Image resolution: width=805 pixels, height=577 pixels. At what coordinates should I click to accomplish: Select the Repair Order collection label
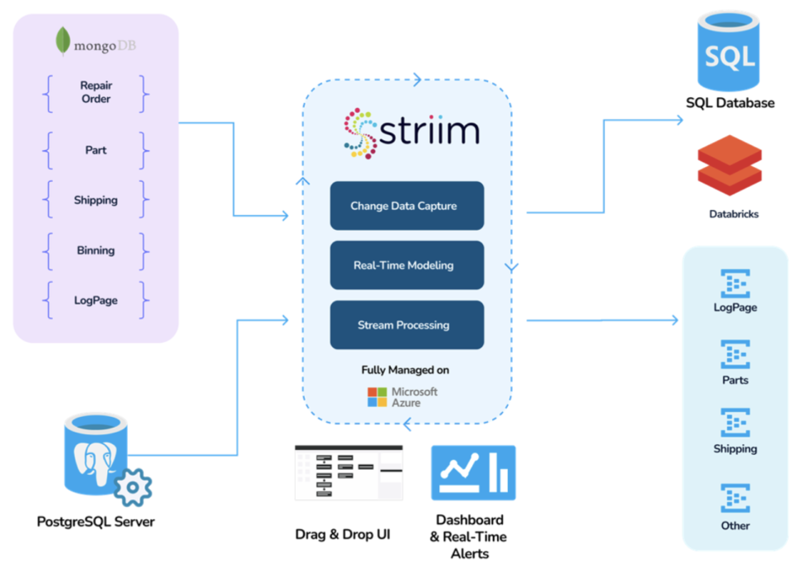click(x=95, y=92)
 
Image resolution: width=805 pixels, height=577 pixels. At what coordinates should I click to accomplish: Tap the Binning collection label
click(x=95, y=250)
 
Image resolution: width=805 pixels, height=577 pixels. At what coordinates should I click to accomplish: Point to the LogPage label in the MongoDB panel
click(x=95, y=301)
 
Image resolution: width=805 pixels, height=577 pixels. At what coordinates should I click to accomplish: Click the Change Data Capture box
click(x=407, y=206)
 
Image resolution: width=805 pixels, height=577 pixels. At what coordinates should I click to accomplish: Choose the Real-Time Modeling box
click(x=407, y=265)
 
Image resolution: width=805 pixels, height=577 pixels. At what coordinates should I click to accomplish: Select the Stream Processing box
click(x=407, y=325)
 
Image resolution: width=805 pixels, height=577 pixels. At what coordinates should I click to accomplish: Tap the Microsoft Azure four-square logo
click(x=378, y=397)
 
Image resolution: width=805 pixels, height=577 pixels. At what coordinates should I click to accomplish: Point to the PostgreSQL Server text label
click(x=95, y=522)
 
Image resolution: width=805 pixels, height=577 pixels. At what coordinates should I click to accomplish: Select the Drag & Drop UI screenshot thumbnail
click(x=349, y=473)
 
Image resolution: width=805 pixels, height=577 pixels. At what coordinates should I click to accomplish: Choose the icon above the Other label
click(x=735, y=498)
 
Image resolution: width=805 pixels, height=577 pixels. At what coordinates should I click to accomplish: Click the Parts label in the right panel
click(x=735, y=380)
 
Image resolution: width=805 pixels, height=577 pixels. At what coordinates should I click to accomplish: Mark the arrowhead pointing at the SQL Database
click(x=679, y=120)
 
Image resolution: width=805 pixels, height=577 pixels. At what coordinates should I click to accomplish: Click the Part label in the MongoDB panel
click(x=95, y=150)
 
